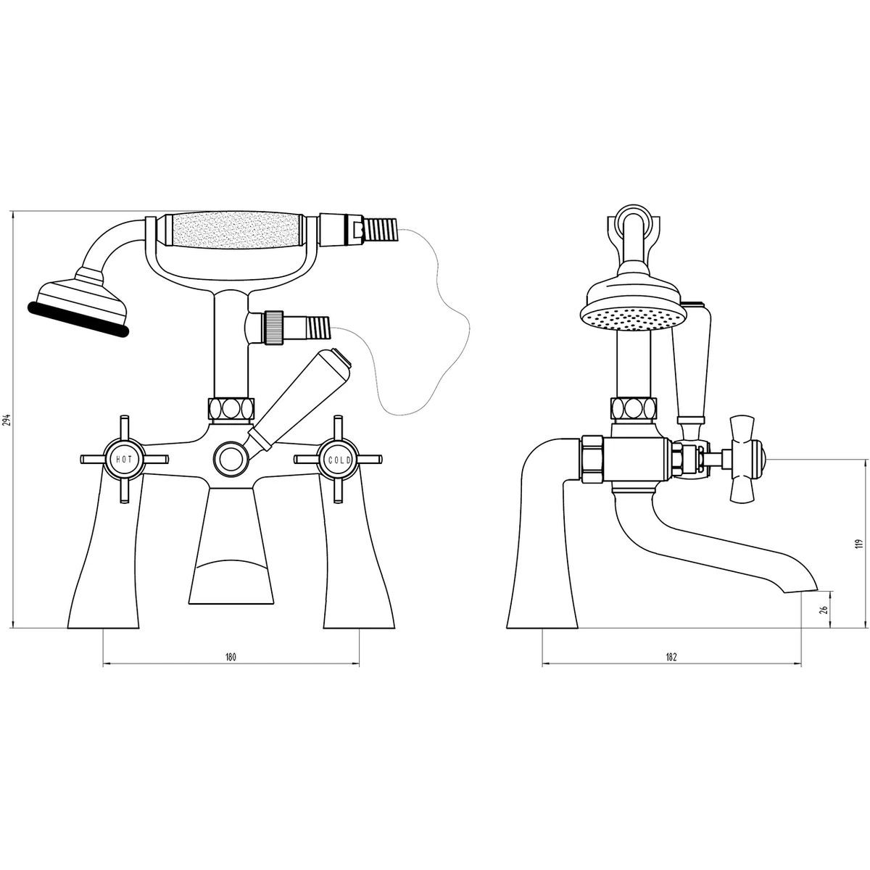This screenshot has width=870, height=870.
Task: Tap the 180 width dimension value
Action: coord(231,657)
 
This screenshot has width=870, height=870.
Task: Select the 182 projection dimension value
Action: coord(671,657)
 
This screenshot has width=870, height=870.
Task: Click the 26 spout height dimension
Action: coord(824,610)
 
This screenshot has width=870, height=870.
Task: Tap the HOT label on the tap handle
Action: coord(124,459)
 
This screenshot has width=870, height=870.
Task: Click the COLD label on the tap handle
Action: coord(339,460)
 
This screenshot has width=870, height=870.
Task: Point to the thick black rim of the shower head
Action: coord(78,320)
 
